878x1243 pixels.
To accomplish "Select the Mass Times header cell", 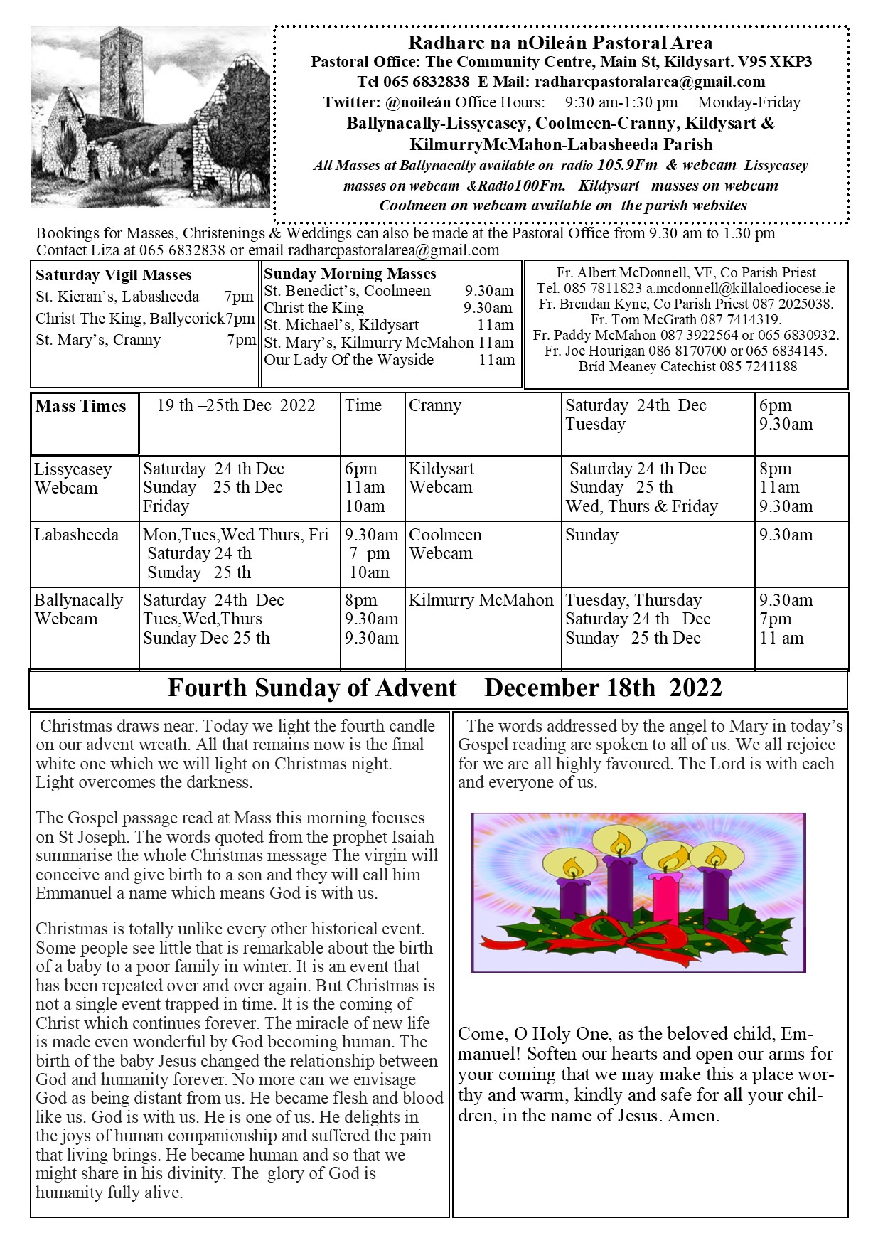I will (81, 406).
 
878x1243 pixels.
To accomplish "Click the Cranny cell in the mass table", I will (435, 406).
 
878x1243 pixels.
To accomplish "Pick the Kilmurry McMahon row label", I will (481, 600).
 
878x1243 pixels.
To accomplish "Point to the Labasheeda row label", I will (76, 535).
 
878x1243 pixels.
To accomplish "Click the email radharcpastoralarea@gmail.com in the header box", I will (650, 82).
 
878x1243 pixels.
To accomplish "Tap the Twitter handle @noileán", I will (418, 102).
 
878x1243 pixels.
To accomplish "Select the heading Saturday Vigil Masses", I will (114, 275).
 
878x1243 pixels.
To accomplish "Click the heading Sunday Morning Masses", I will (350, 274).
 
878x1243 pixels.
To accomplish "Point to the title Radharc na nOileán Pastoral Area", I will (560, 43).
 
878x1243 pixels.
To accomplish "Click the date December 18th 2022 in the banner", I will (603, 688).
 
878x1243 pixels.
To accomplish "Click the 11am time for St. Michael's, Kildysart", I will (496, 325).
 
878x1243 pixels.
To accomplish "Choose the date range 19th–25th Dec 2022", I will (236, 405).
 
